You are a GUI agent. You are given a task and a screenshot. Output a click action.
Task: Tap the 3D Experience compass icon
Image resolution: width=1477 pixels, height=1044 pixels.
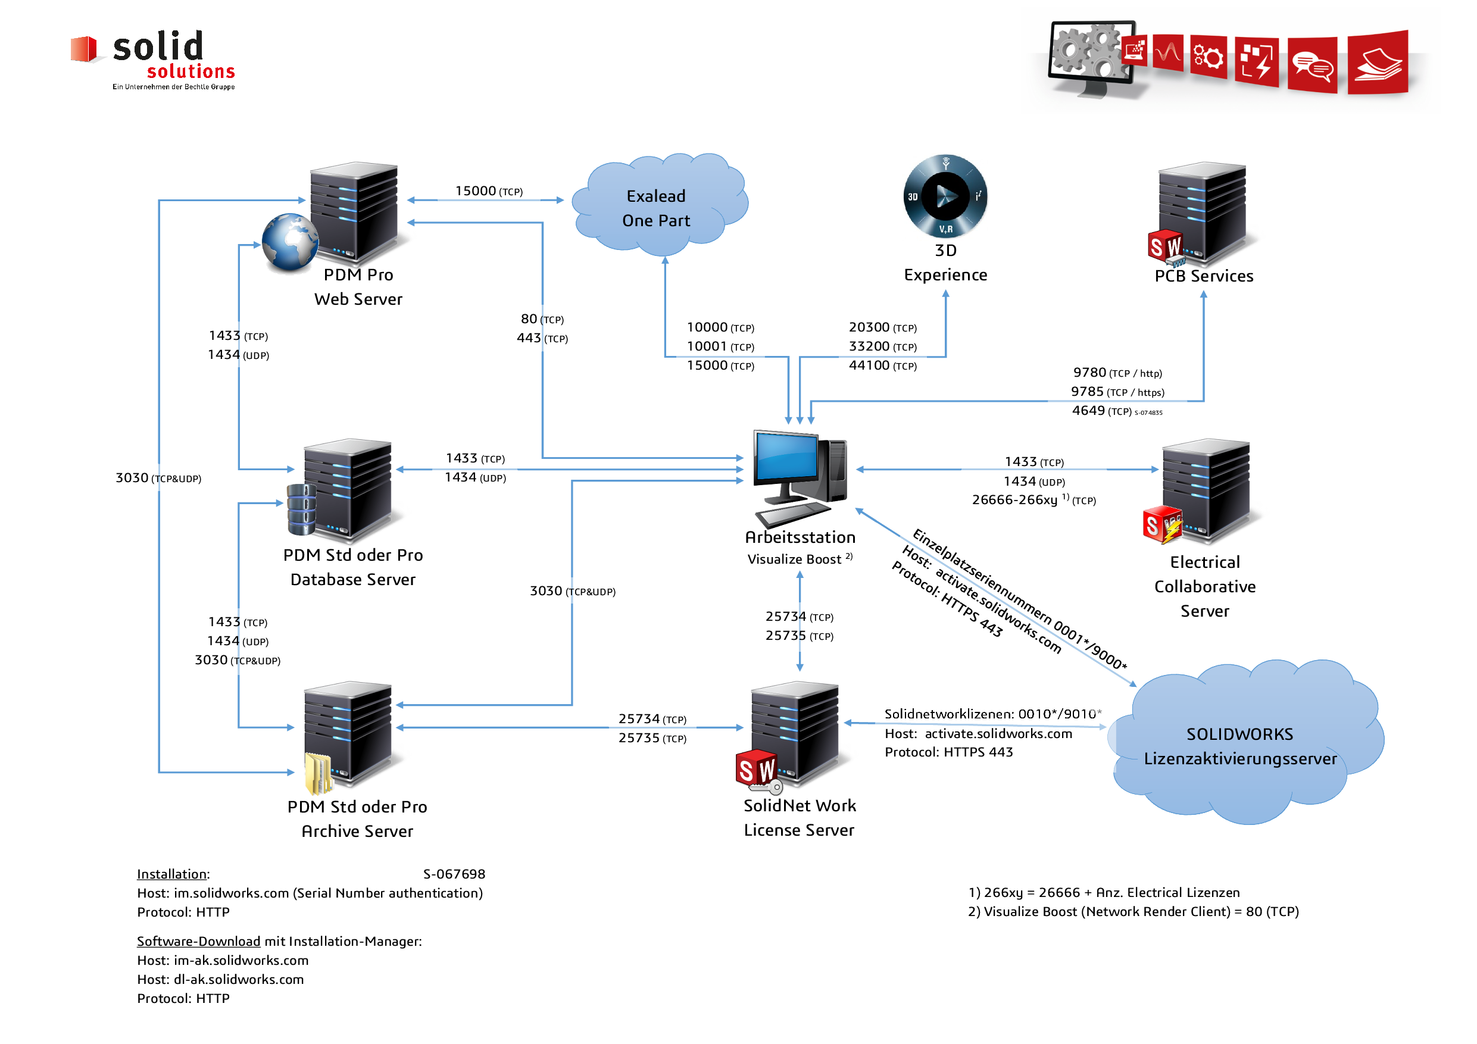click(x=945, y=196)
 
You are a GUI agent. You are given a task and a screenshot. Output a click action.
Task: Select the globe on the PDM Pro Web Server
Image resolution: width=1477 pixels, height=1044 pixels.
click(x=290, y=242)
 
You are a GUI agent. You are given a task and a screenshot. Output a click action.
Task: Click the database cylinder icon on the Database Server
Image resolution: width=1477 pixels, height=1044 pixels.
click(x=301, y=510)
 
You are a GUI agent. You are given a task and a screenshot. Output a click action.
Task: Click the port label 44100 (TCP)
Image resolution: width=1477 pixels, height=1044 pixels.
click(x=883, y=365)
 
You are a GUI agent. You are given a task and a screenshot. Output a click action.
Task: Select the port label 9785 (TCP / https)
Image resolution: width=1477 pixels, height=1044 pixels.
click(x=1117, y=392)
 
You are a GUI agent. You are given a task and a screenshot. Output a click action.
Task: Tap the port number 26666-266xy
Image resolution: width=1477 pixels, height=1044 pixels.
click(x=1014, y=500)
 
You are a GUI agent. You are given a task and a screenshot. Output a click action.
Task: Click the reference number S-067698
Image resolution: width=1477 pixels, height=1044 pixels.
click(x=454, y=874)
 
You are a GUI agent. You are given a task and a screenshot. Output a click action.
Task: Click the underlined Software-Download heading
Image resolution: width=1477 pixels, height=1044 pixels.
click(x=198, y=941)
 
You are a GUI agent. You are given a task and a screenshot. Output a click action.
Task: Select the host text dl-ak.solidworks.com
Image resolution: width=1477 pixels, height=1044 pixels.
click(x=239, y=979)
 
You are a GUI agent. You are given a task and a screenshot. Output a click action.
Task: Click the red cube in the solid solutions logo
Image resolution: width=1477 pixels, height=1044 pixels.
click(x=83, y=49)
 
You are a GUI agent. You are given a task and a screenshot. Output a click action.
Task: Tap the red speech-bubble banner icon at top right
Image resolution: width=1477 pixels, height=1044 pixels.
click(x=1312, y=65)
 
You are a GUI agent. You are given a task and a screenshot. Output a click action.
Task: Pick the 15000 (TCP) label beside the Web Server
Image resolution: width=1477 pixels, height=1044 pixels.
click(x=489, y=191)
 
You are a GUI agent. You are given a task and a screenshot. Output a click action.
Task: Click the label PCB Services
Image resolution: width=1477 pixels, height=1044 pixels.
click(x=1204, y=276)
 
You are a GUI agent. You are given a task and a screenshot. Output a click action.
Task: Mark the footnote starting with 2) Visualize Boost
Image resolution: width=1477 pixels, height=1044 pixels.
click(x=1133, y=911)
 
